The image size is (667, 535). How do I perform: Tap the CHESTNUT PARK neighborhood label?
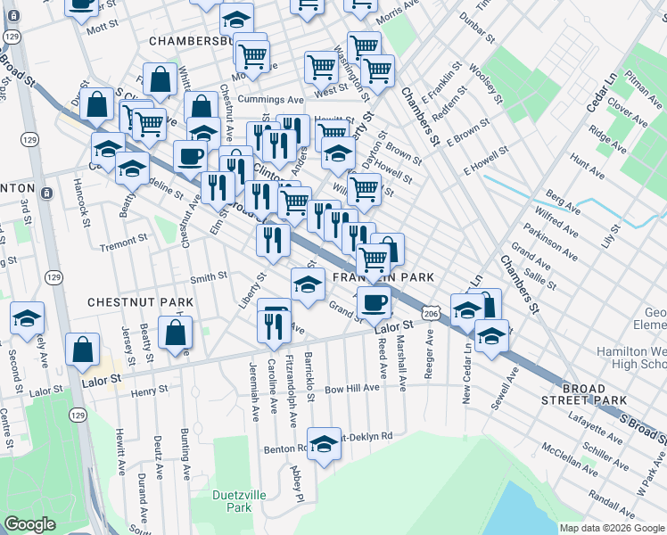(140, 303)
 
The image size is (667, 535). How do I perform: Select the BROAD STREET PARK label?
(596, 395)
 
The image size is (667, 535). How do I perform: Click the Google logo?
(30, 524)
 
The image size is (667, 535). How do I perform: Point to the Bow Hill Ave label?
(352, 389)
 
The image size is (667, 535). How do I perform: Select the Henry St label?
(149, 391)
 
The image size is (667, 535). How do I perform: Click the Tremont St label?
(124, 243)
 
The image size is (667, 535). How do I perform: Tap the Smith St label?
(209, 277)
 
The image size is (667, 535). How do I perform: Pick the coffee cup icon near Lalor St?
(374, 301)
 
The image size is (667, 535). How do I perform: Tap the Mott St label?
(95, 29)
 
